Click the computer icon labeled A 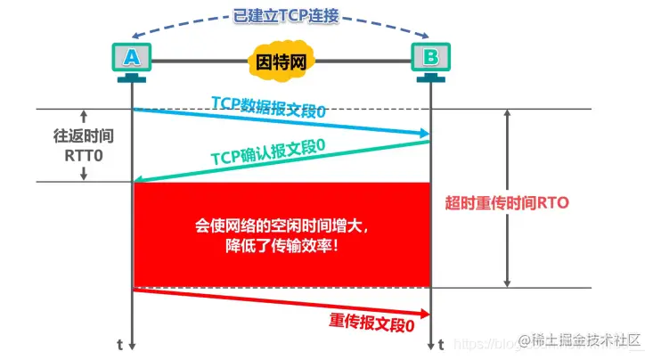[x=132, y=59]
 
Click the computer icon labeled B [x=430, y=59]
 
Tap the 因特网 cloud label [x=282, y=63]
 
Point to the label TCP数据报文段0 [x=267, y=108]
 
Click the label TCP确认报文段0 [x=267, y=151]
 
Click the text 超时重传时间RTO [x=506, y=202]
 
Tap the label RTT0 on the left [x=82, y=156]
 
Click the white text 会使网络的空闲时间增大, [x=282, y=226]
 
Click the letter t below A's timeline [x=119, y=344]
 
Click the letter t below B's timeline [x=443, y=344]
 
